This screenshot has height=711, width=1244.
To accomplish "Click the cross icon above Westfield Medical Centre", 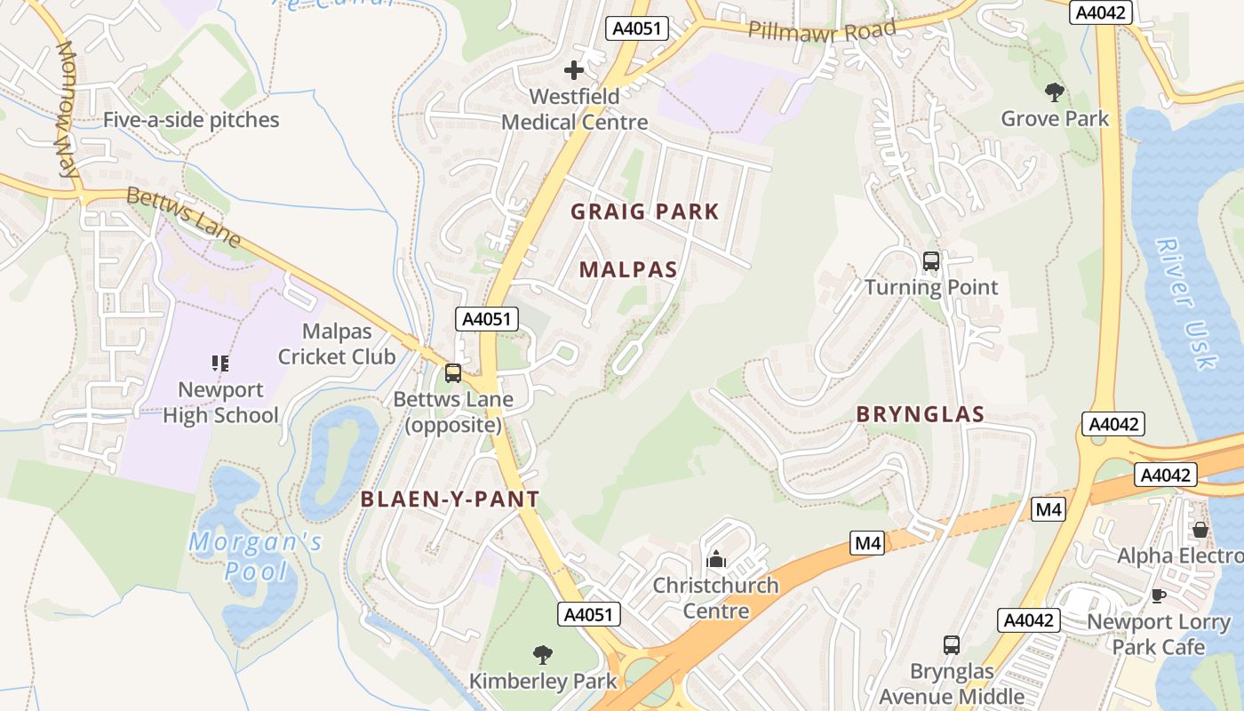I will [x=574, y=69].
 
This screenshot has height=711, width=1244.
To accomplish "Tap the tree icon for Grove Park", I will [x=1055, y=92].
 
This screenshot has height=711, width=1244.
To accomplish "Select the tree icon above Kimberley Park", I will [x=542, y=655].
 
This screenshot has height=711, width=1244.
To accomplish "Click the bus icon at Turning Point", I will [x=931, y=261].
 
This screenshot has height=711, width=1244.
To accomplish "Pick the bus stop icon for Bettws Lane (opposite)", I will [x=453, y=373].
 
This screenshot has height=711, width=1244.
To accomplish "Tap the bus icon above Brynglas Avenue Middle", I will [x=952, y=644].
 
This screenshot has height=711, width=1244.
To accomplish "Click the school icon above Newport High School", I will [x=220, y=363].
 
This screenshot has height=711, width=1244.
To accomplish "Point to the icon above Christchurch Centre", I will [x=715, y=559].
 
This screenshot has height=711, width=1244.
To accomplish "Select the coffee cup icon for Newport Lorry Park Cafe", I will [x=1158, y=595].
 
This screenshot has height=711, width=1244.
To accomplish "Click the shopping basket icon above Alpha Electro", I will [x=1200, y=530].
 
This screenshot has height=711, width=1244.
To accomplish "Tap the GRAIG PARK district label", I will [x=644, y=212].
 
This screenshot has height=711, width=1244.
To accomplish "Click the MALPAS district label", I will [x=628, y=270].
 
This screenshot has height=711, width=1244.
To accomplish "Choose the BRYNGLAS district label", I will [x=921, y=414].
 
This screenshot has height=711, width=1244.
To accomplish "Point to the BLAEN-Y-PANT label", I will [x=450, y=499].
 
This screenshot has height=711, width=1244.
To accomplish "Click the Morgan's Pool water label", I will [x=255, y=556].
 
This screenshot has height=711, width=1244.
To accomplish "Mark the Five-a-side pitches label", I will [x=191, y=120].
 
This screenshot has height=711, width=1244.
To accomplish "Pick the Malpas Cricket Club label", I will [x=337, y=344].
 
